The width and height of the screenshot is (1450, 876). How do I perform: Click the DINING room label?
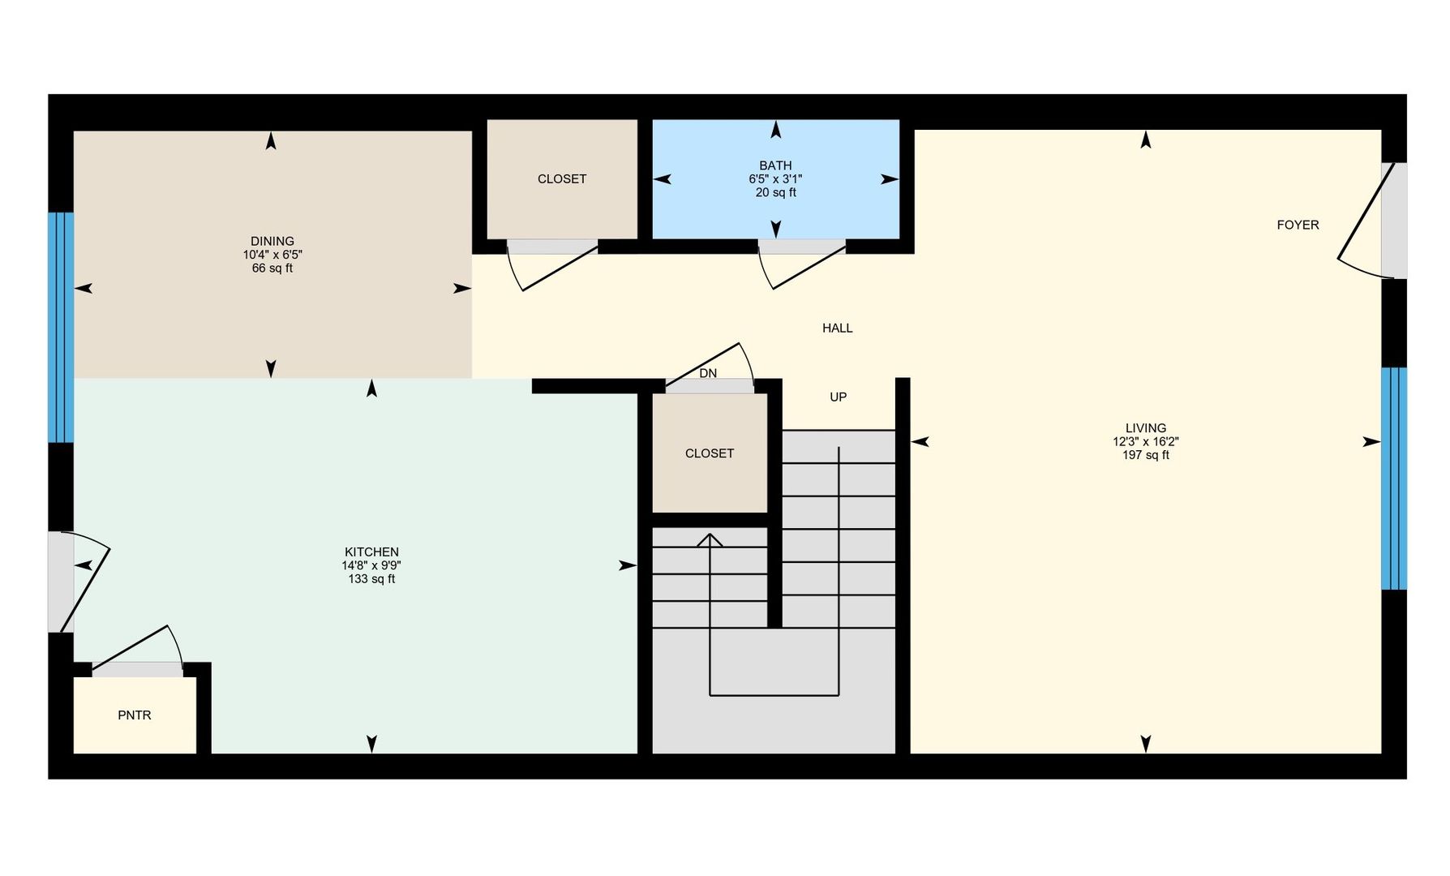(x=272, y=241)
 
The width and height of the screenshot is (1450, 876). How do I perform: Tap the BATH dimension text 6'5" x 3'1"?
(x=775, y=179)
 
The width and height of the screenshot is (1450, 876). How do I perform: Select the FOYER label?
(x=1298, y=225)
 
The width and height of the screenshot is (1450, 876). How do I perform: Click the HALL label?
(x=837, y=328)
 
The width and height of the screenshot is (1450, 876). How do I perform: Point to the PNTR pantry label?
(x=135, y=715)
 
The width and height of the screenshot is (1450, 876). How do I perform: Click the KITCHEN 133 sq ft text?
(x=371, y=579)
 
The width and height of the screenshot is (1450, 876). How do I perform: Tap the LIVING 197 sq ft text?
(x=1145, y=455)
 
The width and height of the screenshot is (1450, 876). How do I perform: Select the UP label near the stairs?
(x=838, y=397)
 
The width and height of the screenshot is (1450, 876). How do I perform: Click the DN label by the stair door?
(x=708, y=373)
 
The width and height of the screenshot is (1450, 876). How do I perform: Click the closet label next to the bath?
(x=561, y=178)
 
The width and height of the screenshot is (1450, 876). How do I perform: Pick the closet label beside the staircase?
(x=709, y=453)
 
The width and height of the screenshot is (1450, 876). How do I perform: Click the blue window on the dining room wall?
(x=61, y=327)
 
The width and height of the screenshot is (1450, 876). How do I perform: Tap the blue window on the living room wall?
(x=1393, y=479)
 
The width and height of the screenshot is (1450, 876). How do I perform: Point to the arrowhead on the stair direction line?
(x=710, y=539)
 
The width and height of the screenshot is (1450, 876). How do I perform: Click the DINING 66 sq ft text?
(x=272, y=268)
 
